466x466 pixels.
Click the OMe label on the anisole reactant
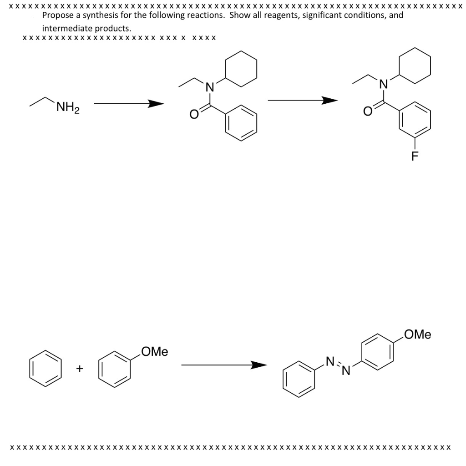[x=155, y=352]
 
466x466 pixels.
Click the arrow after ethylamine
[x=129, y=104]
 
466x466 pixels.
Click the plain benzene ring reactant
[x=46, y=368]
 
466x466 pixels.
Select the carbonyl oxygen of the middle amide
[x=194, y=116]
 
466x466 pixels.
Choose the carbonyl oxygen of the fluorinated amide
[x=368, y=110]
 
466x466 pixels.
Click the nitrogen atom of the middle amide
[x=209, y=86]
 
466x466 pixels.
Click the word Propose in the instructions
[x=57, y=15]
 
